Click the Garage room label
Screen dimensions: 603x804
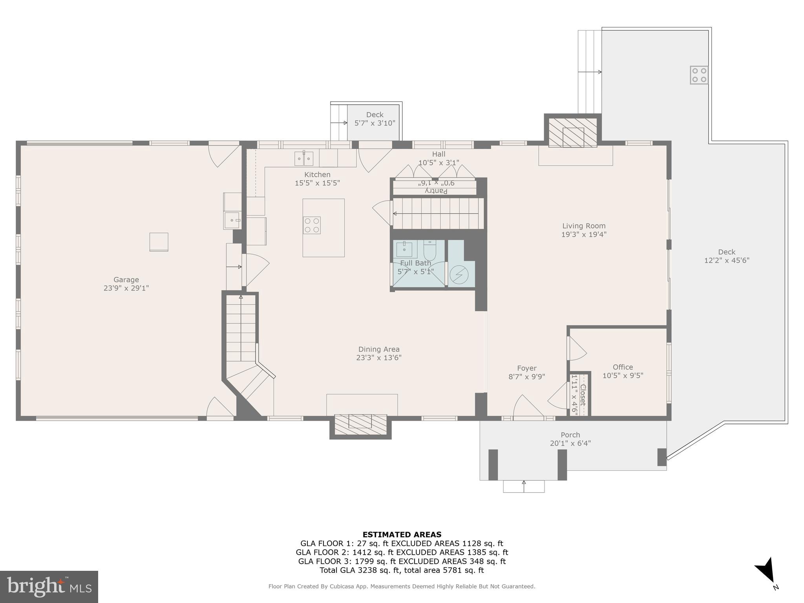[126, 280]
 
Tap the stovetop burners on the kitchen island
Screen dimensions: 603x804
[312, 225]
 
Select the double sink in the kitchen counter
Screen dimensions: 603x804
[304, 159]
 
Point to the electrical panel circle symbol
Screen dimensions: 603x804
[459, 275]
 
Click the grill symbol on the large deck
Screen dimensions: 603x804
[699, 75]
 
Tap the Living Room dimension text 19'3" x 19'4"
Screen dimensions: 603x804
[584, 234]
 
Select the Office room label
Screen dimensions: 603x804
[623, 367]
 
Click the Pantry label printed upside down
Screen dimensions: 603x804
[436, 191]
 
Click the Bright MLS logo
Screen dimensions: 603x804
[49, 587]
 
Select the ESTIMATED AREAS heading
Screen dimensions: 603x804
[402, 534]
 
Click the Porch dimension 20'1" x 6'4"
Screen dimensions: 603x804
[570, 443]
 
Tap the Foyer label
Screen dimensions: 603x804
[526, 368]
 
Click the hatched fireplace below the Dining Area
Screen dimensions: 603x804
[360, 424]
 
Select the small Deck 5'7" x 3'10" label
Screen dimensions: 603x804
[375, 115]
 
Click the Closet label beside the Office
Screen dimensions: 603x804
[583, 395]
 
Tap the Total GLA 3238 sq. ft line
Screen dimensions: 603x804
[402, 570]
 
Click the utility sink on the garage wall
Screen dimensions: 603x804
[233, 220]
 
